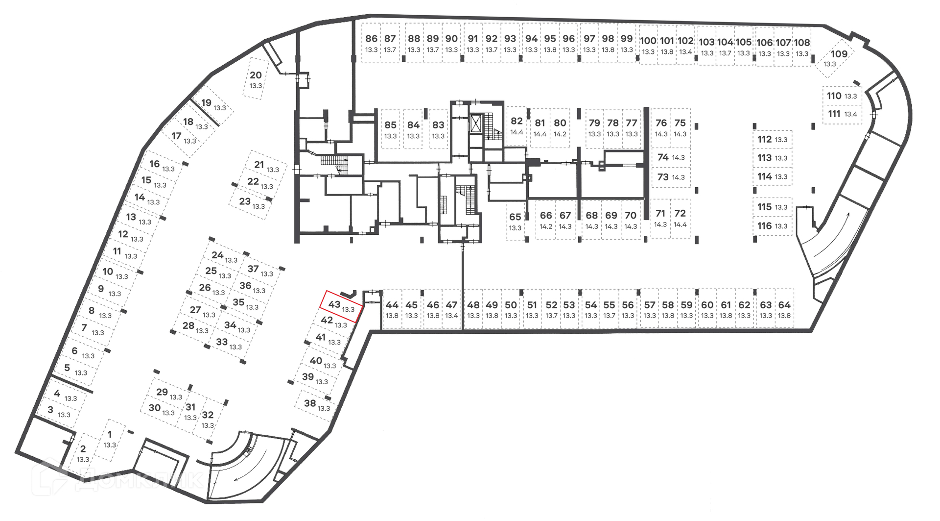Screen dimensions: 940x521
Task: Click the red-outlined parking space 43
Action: click(x=340, y=306)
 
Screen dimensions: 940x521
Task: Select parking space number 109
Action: click(x=834, y=58)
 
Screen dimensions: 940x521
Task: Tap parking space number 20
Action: click(x=256, y=79)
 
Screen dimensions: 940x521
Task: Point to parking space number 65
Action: click(x=515, y=221)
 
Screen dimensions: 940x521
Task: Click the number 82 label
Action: click(x=517, y=121)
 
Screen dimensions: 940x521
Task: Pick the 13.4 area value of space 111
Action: click(x=851, y=114)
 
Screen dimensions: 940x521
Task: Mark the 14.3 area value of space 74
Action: click(x=678, y=158)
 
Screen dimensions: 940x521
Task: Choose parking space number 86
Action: click(x=372, y=43)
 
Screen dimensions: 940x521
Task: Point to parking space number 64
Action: click(x=784, y=309)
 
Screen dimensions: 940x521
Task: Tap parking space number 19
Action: click(x=212, y=104)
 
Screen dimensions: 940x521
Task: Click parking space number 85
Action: click(x=390, y=129)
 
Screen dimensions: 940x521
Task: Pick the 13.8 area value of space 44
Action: click(x=392, y=316)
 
